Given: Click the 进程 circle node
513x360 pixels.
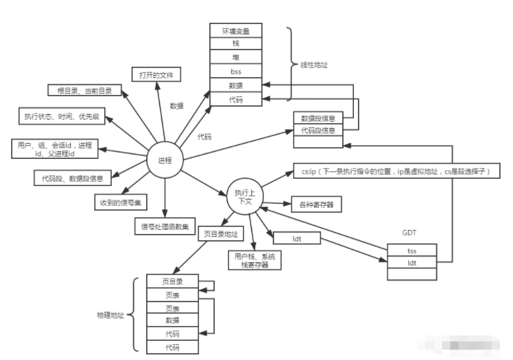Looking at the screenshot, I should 165,160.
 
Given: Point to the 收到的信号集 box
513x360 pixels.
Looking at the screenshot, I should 121,202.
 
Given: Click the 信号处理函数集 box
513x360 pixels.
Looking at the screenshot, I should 165,225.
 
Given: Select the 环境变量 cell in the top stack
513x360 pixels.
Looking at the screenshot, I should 235,31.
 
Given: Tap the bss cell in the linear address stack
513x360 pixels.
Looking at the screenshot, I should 235,71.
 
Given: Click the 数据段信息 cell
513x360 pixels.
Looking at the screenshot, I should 317,118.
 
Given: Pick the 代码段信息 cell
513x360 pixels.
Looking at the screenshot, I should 317,129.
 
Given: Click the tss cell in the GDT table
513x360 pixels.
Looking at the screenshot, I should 412,250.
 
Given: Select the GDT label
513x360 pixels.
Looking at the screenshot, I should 411,233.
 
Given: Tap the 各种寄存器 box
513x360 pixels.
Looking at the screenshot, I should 316,204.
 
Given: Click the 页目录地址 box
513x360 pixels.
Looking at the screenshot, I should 221,234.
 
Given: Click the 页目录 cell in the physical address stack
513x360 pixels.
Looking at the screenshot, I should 171,282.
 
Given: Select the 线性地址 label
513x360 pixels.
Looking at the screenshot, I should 314,66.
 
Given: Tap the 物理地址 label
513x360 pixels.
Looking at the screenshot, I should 110,315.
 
